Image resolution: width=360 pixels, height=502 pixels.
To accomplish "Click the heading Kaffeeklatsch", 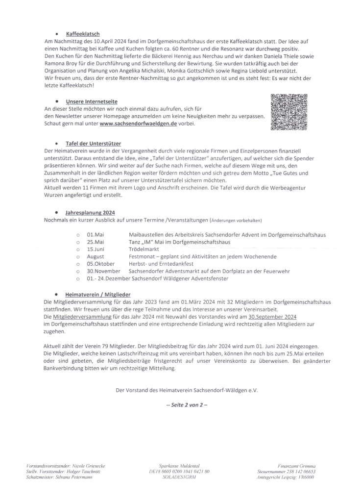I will (83, 34).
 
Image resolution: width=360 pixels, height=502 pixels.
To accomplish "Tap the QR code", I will (288, 112).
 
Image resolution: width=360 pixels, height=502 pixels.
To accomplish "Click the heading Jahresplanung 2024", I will (90, 213).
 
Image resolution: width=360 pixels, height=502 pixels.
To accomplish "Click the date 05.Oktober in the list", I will (100, 264).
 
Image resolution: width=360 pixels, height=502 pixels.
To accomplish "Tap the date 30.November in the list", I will (103, 271).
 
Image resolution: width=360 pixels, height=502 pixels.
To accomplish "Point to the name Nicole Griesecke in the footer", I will (88, 466).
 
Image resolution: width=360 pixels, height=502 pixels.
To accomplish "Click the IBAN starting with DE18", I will (179, 472).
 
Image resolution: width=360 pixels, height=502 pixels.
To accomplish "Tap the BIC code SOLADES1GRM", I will (179, 477).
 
